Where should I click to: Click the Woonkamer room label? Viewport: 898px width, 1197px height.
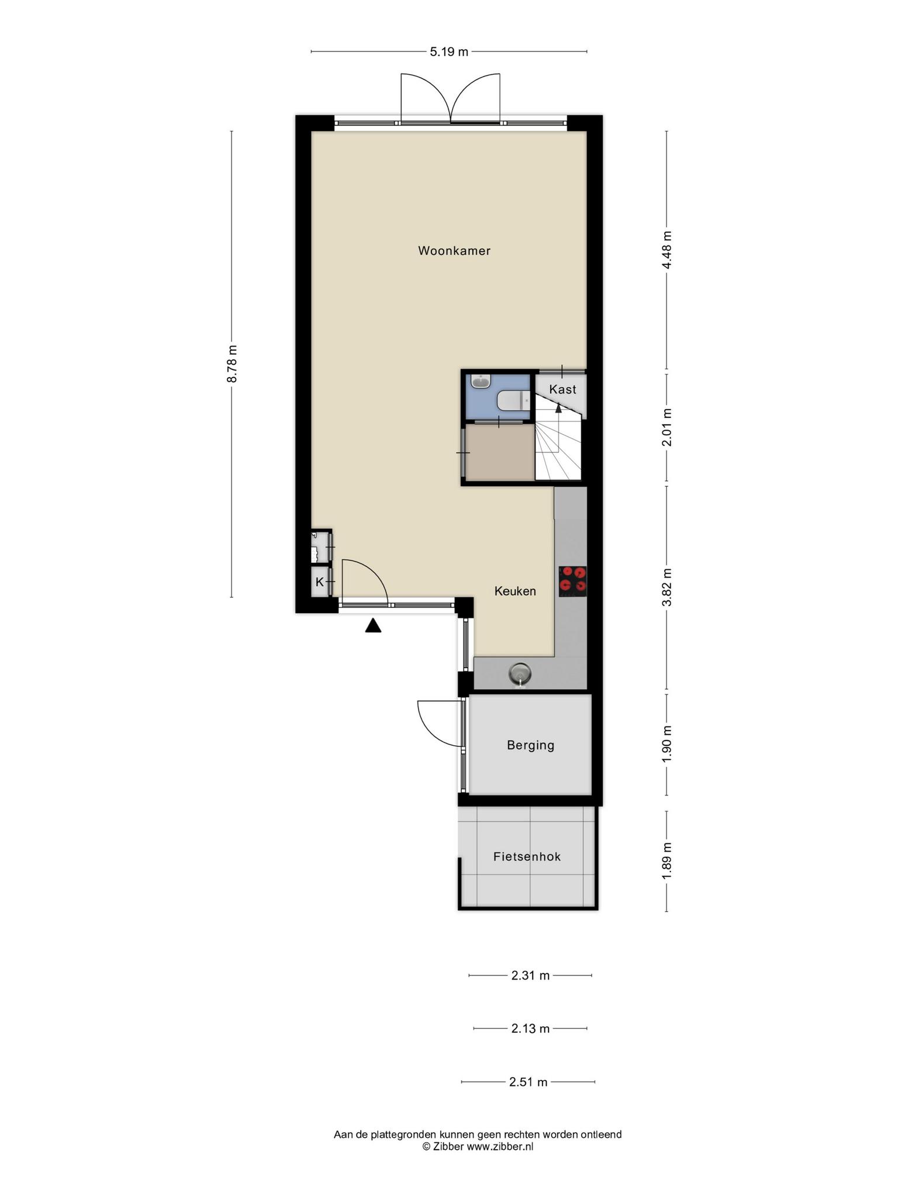[454, 251]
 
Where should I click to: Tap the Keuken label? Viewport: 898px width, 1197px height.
[515, 591]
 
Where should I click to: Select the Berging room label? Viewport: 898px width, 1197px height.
[530, 745]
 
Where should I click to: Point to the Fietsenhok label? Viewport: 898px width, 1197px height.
[527, 857]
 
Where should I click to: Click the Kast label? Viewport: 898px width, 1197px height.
[562, 389]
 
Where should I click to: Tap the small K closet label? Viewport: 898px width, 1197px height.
[319, 582]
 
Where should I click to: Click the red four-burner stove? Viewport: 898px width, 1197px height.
[572, 581]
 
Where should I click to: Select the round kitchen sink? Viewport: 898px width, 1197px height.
[520, 674]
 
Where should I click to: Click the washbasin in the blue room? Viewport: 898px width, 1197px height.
[482, 382]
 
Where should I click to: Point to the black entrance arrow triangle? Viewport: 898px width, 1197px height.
[373, 626]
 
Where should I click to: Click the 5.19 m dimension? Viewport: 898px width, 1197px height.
[449, 52]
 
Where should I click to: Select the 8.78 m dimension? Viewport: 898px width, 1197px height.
[232, 364]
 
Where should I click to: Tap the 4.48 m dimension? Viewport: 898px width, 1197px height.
[667, 250]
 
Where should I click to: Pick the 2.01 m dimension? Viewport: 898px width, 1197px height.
[667, 427]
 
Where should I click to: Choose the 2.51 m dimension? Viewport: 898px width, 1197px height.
[529, 1082]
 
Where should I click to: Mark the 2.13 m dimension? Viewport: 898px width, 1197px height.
[530, 1028]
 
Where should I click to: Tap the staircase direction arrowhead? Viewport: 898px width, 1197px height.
[558, 407]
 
